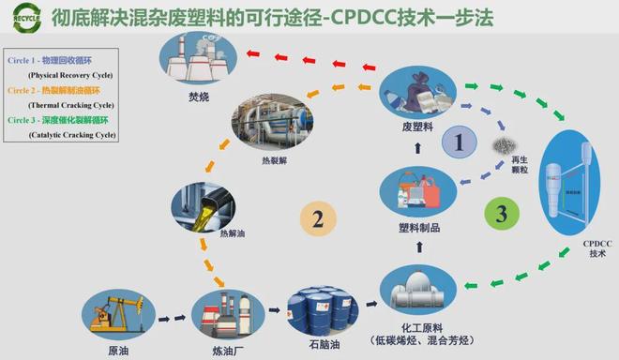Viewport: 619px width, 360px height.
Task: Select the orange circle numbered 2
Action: tap(318, 219)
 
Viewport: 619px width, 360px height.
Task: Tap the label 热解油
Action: tap(231, 232)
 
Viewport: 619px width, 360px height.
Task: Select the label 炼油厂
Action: tap(222, 350)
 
